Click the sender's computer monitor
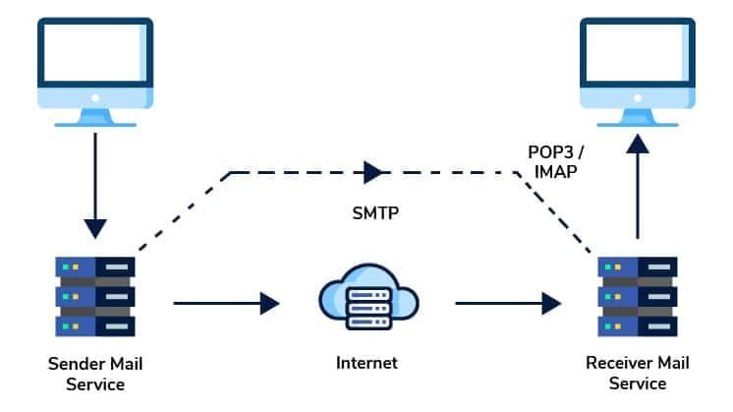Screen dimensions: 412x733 point(95,59)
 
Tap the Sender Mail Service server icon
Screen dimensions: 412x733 point(95,295)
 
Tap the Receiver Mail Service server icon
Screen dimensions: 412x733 point(638,295)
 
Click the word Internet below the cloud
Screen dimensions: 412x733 point(366,363)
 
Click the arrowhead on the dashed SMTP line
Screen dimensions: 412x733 point(373,173)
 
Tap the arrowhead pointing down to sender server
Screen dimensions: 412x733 point(95,227)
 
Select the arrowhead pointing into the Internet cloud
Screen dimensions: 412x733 point(269,303)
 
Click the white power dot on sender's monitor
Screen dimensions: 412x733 point(95,99)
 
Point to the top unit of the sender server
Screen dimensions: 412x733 point(95,266)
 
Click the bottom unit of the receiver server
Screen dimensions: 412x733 point(638,324)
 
